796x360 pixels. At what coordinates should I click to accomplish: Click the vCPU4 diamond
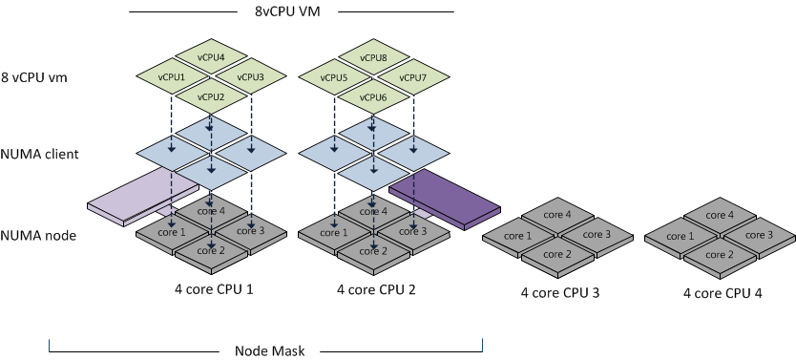[x=210, y=56]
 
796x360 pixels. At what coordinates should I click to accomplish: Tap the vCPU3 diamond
[x=249, y=77]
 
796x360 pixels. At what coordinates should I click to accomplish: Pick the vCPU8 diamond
[x=373, y=56]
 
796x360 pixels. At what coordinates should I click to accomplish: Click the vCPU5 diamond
[x=335, y=77]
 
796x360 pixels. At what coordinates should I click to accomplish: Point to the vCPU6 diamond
[x=373, y=97]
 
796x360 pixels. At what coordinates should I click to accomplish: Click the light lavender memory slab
[x=129, y=198]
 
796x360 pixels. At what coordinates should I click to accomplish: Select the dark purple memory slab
[x=445, y=197]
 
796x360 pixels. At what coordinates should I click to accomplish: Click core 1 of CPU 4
[x=680, y=235]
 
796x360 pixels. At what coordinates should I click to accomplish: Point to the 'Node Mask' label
[x=269, y=350]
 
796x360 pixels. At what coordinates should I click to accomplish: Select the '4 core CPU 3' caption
[x=559, y=293]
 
